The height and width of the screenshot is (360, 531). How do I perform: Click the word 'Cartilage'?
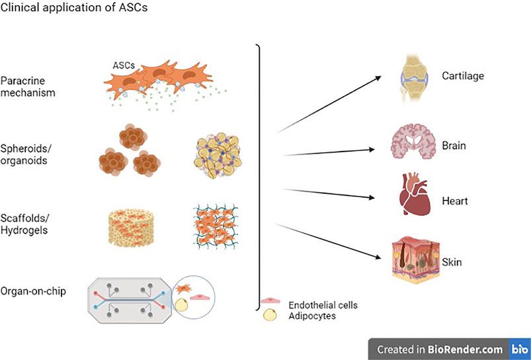click(x=463, y=75)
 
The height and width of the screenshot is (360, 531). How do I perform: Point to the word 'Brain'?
click(x=454, y=145)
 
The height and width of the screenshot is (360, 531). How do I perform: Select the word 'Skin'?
click(x=453, y=263)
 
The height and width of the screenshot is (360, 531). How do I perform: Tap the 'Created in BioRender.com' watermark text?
click(x=440, y=349)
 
